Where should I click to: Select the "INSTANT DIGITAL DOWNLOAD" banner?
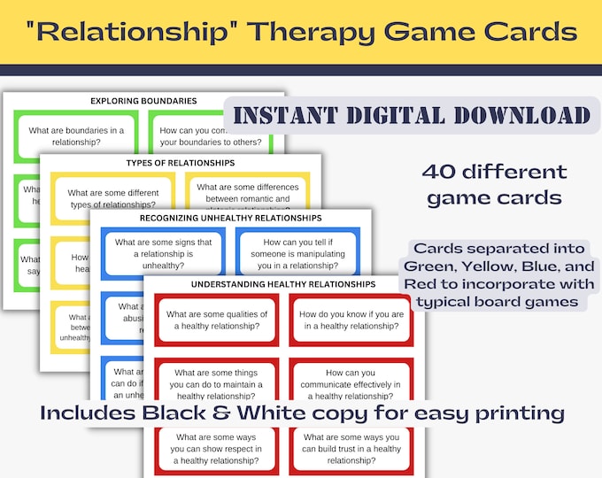coord(407,115)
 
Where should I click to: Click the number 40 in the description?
coord(442,172)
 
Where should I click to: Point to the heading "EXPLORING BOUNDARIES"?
coord(143,101)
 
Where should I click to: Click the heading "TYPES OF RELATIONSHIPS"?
coord(181,163)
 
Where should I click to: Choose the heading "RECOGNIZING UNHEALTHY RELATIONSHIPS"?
coord(231,217)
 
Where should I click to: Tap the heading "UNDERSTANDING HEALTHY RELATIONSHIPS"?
coord(284,284)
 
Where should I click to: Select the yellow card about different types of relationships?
coord(112,198)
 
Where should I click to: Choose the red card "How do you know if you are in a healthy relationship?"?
coord(351,320)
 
